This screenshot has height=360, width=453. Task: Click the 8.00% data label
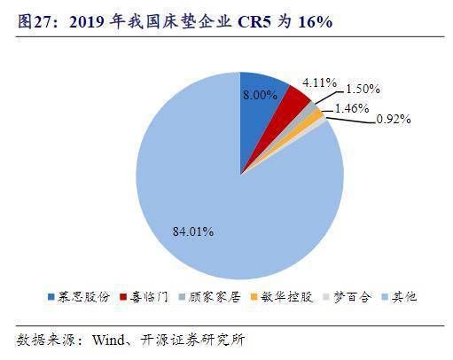point(260,95)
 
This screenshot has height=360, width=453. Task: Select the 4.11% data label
point(319,82)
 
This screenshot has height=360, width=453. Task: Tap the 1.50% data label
point(363,89)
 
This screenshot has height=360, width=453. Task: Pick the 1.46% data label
point(352,108)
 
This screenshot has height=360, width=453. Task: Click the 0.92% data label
point(394,119)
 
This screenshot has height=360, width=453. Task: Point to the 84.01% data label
point(193,231)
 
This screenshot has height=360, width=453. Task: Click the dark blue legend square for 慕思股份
point(51,297)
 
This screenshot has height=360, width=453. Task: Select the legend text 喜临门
point(149,296)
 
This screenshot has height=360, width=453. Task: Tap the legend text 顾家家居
point(215,296)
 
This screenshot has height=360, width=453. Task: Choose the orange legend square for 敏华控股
point(254,297)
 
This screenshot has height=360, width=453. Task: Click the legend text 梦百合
point(352,296)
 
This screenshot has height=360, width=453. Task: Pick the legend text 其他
point(404,296)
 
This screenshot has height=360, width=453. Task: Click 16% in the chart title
point(316,21)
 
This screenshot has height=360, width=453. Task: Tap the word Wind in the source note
point(108,340)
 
